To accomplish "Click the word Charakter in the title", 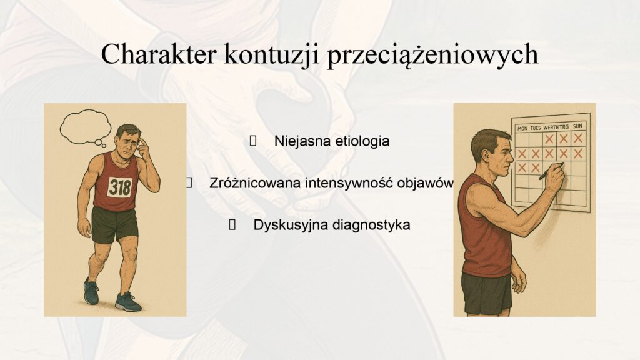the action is pos(158,54).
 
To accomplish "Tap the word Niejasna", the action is pos(302,141).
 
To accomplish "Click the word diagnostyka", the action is pos(370,225).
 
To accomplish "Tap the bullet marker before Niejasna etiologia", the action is pos(253,141).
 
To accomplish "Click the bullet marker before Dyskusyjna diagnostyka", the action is pos(232,225).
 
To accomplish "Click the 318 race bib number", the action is pos(120,187).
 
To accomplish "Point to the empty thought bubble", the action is pos(85,126).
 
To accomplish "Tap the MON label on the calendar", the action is pos(522,129).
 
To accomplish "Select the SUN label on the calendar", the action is pos(577,126).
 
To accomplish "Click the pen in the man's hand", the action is pos(551,171).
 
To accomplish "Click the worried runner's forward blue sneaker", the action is pos(127,302).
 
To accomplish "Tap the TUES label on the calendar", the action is pos(536,127).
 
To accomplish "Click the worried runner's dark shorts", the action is pos(114,225).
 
